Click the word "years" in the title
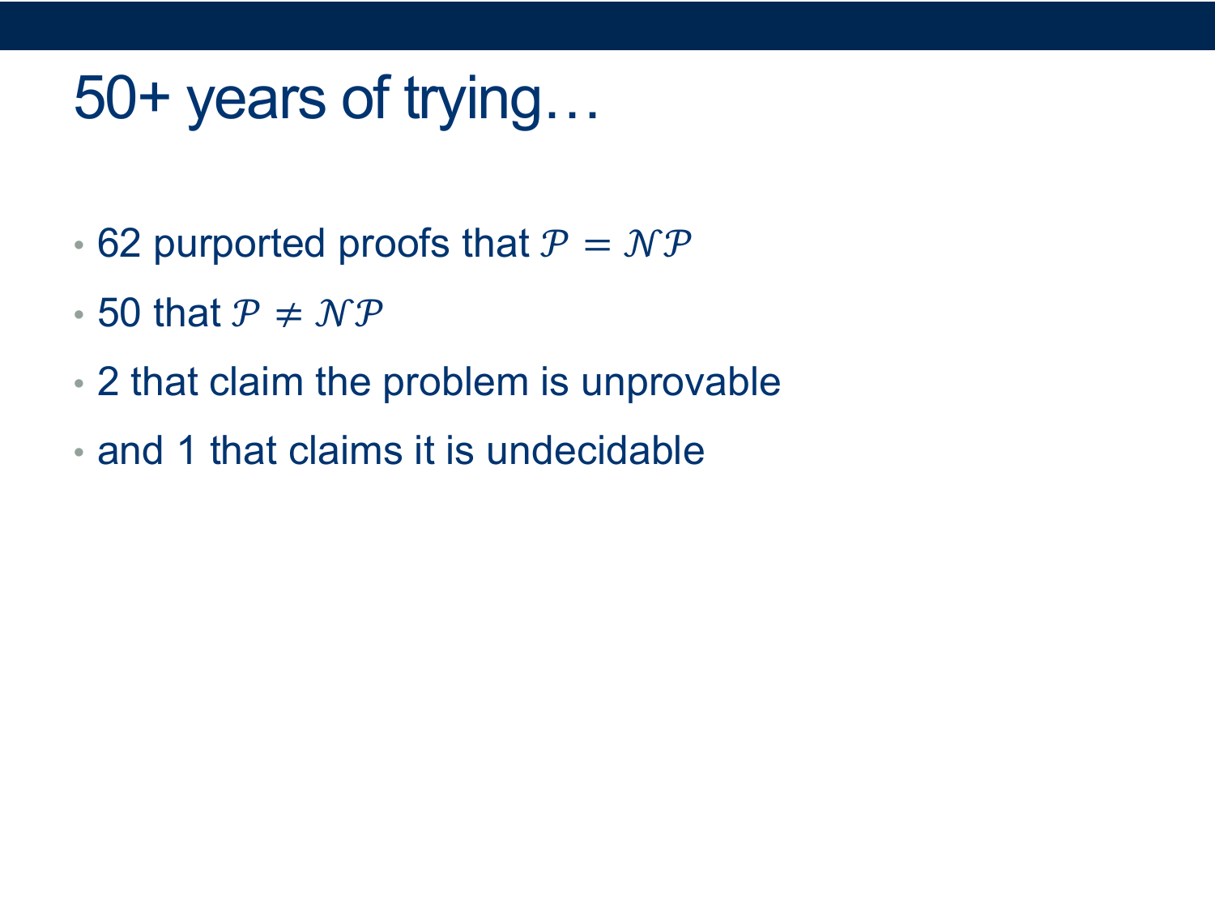[256, 103]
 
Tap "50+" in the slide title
[122, 98]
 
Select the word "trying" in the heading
[473, 102]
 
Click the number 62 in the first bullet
[119, 243]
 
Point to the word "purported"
[239, 245]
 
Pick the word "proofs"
[394, 244]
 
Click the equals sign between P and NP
[597, 245]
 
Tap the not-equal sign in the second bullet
[288, 314]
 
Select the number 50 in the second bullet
[119, 313]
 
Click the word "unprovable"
[681, 384]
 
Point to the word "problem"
[455, 384]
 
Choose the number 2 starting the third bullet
[108, 381]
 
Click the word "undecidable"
[595, 450]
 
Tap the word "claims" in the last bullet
[345, 450]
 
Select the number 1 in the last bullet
[187, 450]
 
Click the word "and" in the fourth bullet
[130, 450]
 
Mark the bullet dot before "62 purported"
[79, 245]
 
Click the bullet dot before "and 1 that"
[79, 452]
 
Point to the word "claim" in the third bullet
[256, 381]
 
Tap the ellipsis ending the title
[572, 115]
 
